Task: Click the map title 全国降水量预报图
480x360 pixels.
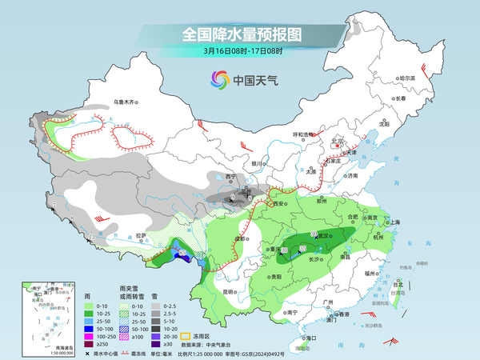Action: tap(240, 34)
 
